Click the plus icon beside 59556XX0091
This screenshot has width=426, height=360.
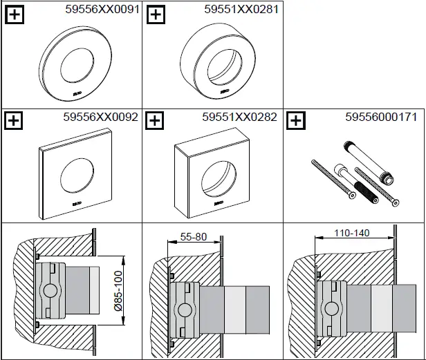(13, 14)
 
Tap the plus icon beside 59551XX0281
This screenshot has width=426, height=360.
(157, 14)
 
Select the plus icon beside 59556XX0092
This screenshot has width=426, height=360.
(13, 120)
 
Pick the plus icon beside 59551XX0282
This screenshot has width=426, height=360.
(157, 120)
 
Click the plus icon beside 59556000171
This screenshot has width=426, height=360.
(295, 120)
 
